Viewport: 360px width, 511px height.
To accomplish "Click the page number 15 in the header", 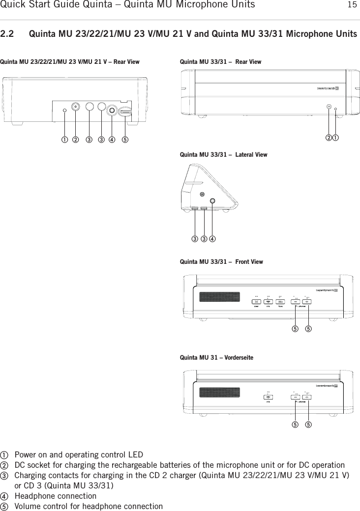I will (352, 5).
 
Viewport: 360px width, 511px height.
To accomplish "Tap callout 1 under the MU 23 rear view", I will (64, 139).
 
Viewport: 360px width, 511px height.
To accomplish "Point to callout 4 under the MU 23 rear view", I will (112, 139).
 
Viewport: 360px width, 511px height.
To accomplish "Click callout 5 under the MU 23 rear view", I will (126, 139).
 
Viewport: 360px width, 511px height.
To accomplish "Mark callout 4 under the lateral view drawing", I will (212, 239).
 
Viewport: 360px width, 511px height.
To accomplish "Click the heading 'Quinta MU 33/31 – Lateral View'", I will (224, 155).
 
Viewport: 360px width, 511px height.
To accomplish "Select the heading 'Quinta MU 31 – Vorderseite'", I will (217, 358).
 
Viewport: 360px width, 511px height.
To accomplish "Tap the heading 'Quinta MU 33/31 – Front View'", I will (221, 262).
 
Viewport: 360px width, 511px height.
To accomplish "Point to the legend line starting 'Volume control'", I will (89, 506).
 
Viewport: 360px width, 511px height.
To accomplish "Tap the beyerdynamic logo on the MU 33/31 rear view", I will (327, 88).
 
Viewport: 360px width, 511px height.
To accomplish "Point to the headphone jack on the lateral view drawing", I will (212, 201).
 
